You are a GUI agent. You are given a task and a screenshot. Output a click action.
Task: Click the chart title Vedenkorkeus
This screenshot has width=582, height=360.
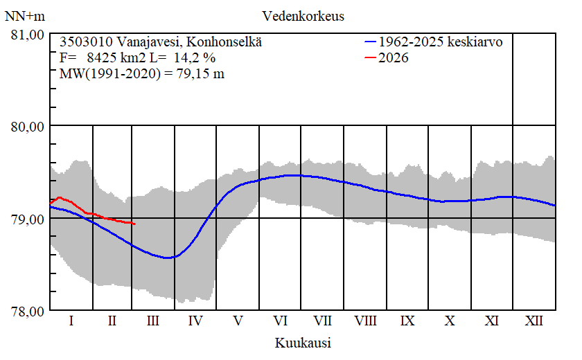click(303, 15)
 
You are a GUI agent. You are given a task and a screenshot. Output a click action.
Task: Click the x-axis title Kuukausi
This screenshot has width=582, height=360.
click(303, 343)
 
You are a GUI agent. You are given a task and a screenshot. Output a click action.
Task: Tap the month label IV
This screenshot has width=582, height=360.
click(195, 321)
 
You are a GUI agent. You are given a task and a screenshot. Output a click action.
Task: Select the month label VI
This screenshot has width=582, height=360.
click(281, 321)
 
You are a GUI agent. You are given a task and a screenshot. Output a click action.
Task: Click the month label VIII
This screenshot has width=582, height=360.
click(366, 321)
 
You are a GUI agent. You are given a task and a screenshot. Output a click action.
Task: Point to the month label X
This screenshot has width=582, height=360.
click(450, 321)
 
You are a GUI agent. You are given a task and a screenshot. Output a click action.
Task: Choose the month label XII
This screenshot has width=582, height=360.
click(534, 321)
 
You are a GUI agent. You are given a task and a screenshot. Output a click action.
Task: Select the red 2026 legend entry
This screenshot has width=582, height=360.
click(394, 58)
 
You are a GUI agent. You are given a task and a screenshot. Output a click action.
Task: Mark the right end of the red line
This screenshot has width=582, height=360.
click(134, 224)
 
